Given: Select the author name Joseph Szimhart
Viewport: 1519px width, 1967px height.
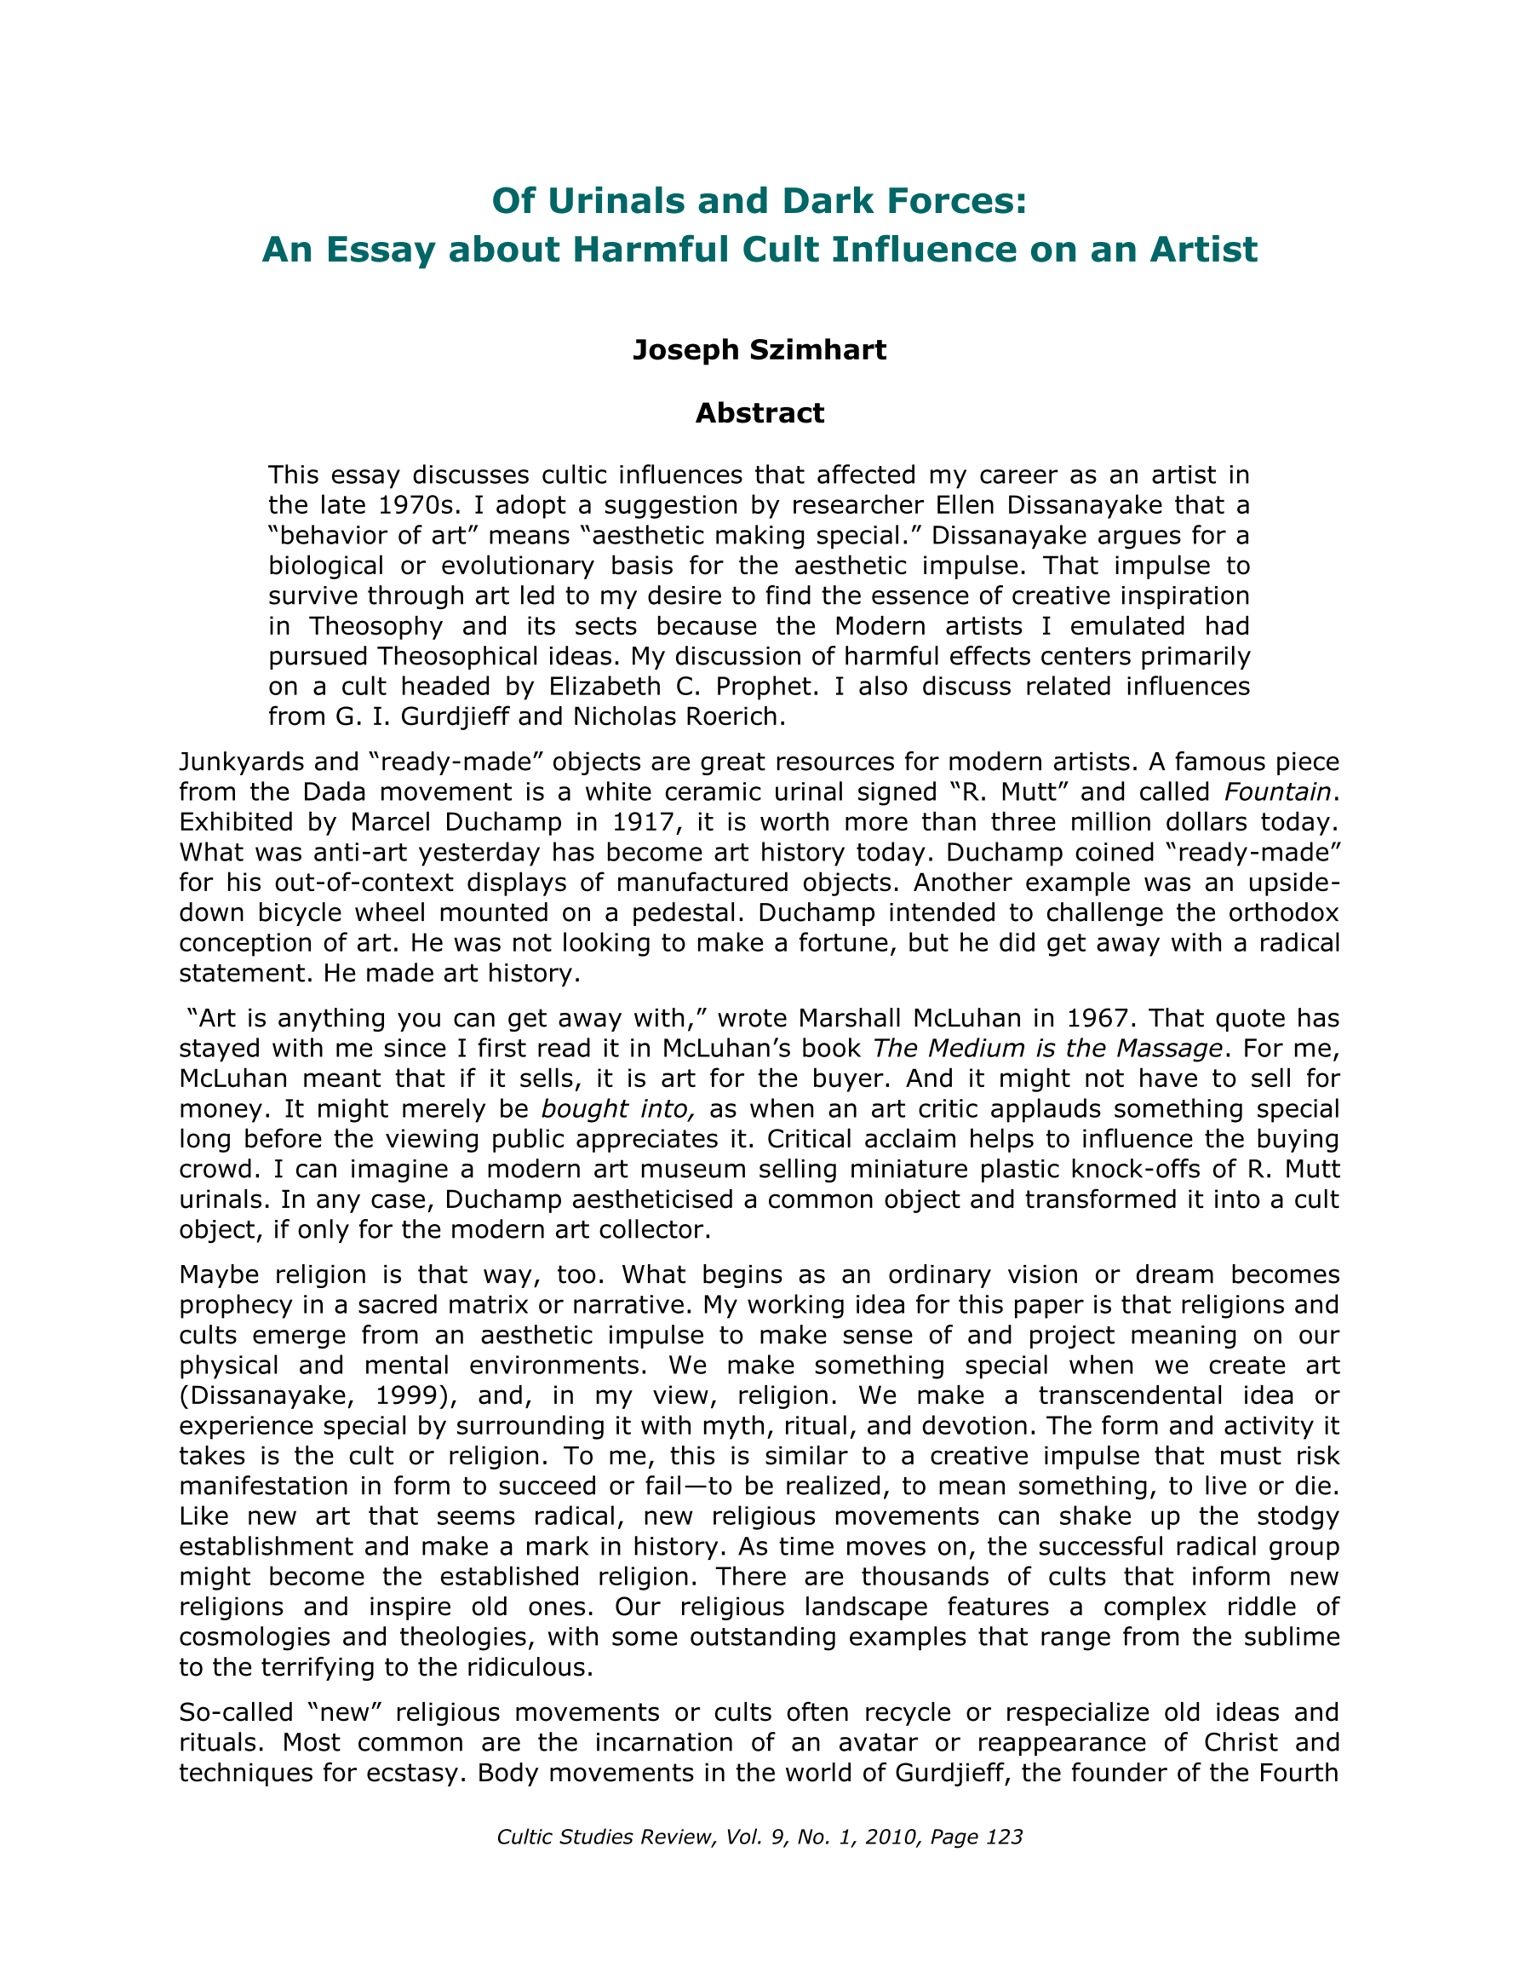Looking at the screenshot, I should point(759,349).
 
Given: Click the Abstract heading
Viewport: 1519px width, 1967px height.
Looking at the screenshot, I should point(759,413).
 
